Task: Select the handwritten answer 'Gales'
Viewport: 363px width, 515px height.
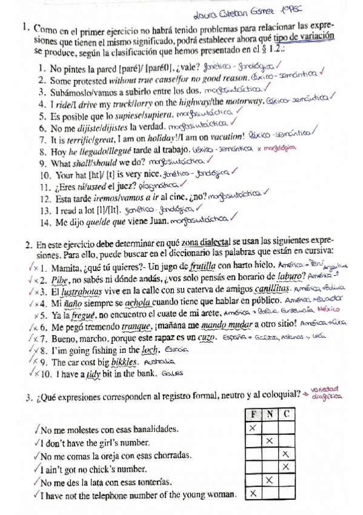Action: tap(172, 374)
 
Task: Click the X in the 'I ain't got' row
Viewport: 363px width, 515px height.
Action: tap(284, 467)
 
